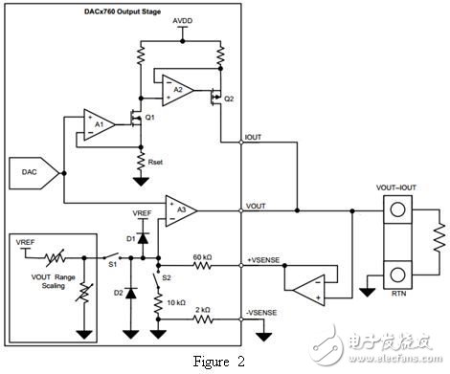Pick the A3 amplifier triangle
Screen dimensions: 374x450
tap(177, 207)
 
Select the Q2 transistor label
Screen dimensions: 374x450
tap(228, 99)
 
